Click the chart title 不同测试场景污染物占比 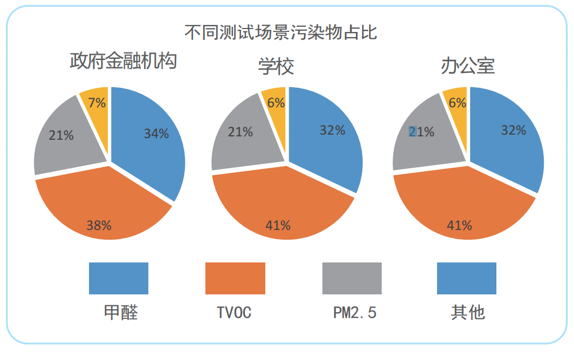click(281, 32)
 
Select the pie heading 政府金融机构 click(123, 60)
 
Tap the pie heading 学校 click(276, 67)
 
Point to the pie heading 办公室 click(467, 67)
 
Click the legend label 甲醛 click(121, 313)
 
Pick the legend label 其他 click(467, 313)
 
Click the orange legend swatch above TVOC click(235, 278)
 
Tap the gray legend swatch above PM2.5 click(351, 278)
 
